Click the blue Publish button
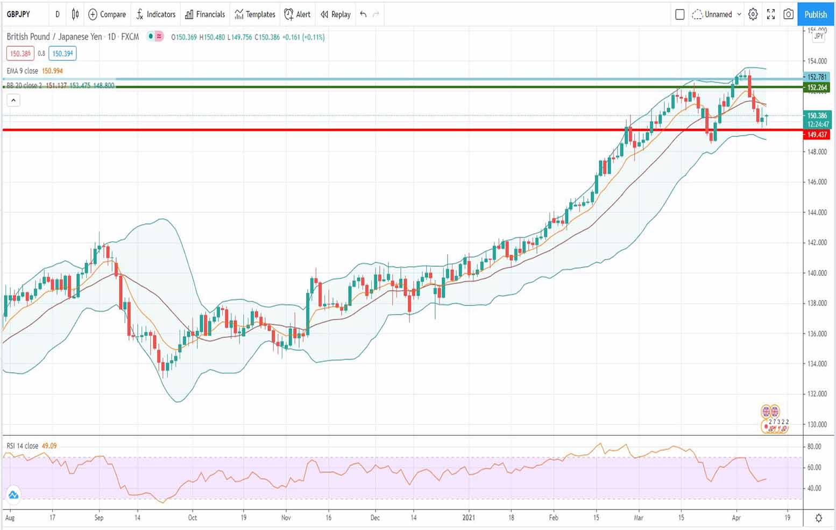(x=816, y=15)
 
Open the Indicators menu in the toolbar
(x=155, y=15)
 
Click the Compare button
(x=107, y=15)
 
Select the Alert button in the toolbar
(x=297, y=15)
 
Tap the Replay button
(x=336, y=15)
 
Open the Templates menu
(x=255, y=15)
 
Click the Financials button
(x=205, y=15)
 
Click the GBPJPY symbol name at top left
(x=18, y=15)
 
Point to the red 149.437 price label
(x=817, y=135)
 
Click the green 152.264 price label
(x=817, y=87)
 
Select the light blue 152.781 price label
(x=817, y=77)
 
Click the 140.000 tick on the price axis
(x=816, y=273)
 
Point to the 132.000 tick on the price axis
(x=816, y=394)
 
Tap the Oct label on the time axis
(x=193, y=518)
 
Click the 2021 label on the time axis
(x=469, y=518)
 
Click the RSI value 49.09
(x=49, y=446)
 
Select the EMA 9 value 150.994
(x=52, y=71)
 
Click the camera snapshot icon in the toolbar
(x=788, y=15)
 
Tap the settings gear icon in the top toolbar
(x=753, y=15)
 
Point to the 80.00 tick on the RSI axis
(x=814, y=447)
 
